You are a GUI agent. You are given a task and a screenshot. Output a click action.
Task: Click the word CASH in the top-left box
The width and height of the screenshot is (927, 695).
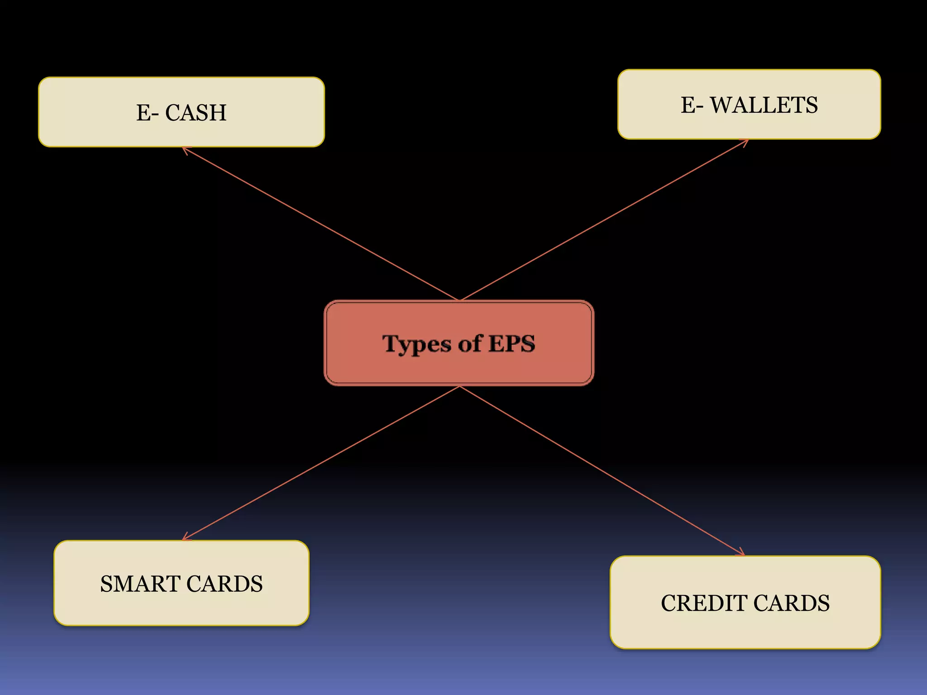[196, 113]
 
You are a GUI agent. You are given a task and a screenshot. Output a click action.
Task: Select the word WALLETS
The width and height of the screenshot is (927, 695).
[764, 105]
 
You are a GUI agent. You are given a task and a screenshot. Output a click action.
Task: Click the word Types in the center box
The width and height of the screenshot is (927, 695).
[416, 344]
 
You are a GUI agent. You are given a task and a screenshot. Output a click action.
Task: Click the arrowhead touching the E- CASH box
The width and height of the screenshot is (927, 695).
[185, 149]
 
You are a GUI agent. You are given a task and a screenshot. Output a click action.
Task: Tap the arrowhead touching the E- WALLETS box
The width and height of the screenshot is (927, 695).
[746, 141]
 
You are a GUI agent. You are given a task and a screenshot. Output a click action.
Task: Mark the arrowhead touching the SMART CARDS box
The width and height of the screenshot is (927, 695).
[185, 538]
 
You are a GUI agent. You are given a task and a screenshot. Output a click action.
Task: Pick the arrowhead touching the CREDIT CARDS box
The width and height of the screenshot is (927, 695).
[741, 553]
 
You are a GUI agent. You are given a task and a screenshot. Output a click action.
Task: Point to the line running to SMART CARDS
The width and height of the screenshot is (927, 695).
[321, 463]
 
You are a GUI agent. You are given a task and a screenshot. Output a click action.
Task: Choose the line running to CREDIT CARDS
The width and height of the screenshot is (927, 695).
[602, 471]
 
